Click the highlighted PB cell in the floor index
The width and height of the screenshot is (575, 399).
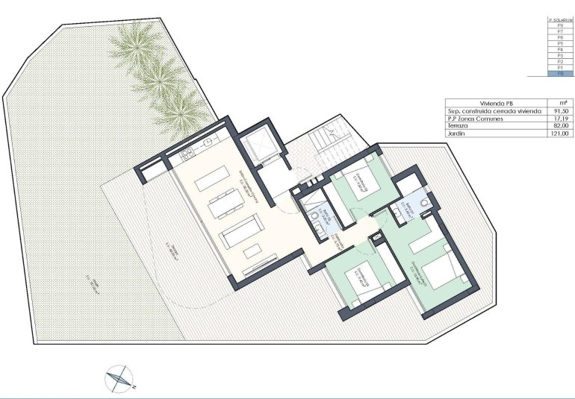click(560, 75)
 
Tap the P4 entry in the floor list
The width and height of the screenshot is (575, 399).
click(560, 49)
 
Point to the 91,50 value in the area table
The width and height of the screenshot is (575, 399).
click(562, 110)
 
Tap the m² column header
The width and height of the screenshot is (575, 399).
click(562, 103)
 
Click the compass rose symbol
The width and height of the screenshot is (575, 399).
click(118, 379)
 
